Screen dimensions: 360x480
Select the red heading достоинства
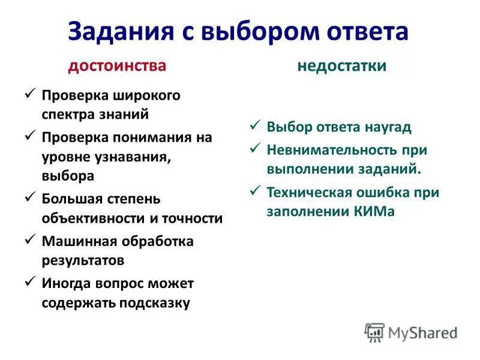[x=117, y=65]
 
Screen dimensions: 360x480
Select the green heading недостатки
[x=342, y=65]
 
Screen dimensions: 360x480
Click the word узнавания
[x=135, y=157]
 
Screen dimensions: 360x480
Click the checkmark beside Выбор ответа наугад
[x=254, y=126]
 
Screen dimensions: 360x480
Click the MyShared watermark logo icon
[x=374, y=332]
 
